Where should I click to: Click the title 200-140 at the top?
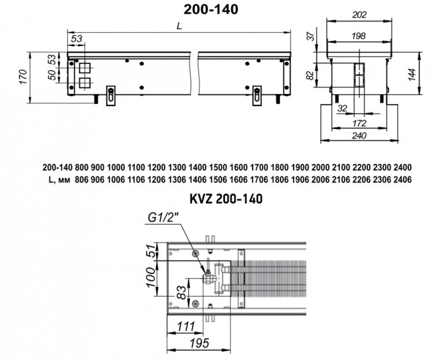coord(211,9)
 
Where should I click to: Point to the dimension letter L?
coord(179,26)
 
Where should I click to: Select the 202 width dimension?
coord(359,15)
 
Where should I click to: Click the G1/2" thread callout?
coord(163,218)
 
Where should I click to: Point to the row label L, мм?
coord(58,180)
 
